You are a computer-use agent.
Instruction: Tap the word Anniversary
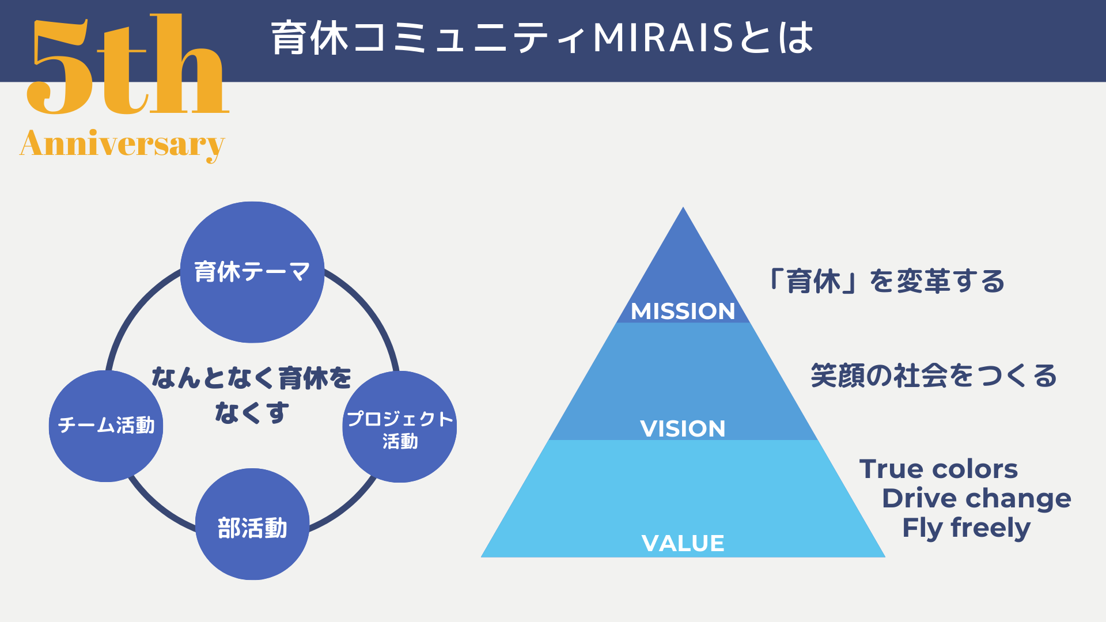[x=122, y=144]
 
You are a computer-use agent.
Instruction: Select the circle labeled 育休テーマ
[x=252, y=272]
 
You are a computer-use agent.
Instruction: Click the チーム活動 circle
[x=106, y=426]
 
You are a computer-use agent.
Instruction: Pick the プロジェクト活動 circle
[x=400, y=427]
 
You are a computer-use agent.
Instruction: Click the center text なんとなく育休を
[x=251, y=378]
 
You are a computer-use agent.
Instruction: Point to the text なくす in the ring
[x=252, y=412]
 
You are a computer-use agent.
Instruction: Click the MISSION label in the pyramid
[x=683, y=312]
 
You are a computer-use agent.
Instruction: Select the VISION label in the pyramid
[x=683, y=428]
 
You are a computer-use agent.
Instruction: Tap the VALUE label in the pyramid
[x=683, y=543]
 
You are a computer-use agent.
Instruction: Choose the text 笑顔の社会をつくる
[x=934, y=376]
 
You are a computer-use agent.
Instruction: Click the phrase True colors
[x=938, y=469]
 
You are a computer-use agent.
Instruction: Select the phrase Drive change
[x=976, y=498]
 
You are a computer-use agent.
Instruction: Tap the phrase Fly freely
[x=966, y=528]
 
